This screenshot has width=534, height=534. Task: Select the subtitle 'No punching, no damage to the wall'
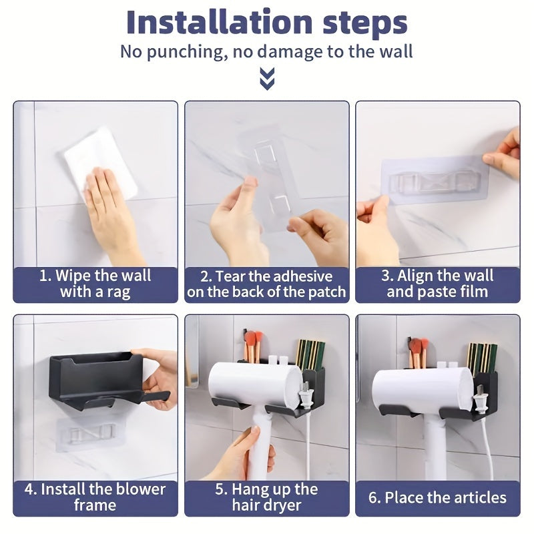point(266,51)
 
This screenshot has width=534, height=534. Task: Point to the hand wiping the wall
point(110,207)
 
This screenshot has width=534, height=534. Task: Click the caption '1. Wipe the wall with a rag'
point(95,284)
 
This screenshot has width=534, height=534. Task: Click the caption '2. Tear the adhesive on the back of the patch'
point(266,284)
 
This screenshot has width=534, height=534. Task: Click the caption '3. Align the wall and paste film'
point(437,284)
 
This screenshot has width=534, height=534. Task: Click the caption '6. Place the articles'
point(437,497)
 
